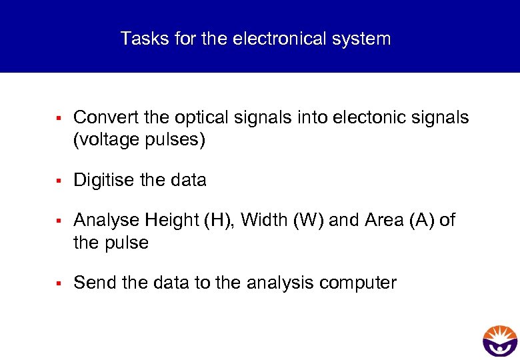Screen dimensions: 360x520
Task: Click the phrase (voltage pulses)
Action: [139, 141]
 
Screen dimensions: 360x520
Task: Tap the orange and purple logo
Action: [499, 341]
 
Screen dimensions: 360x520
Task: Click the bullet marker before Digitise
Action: [59, 181]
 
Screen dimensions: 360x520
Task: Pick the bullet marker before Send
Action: [59, 283]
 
